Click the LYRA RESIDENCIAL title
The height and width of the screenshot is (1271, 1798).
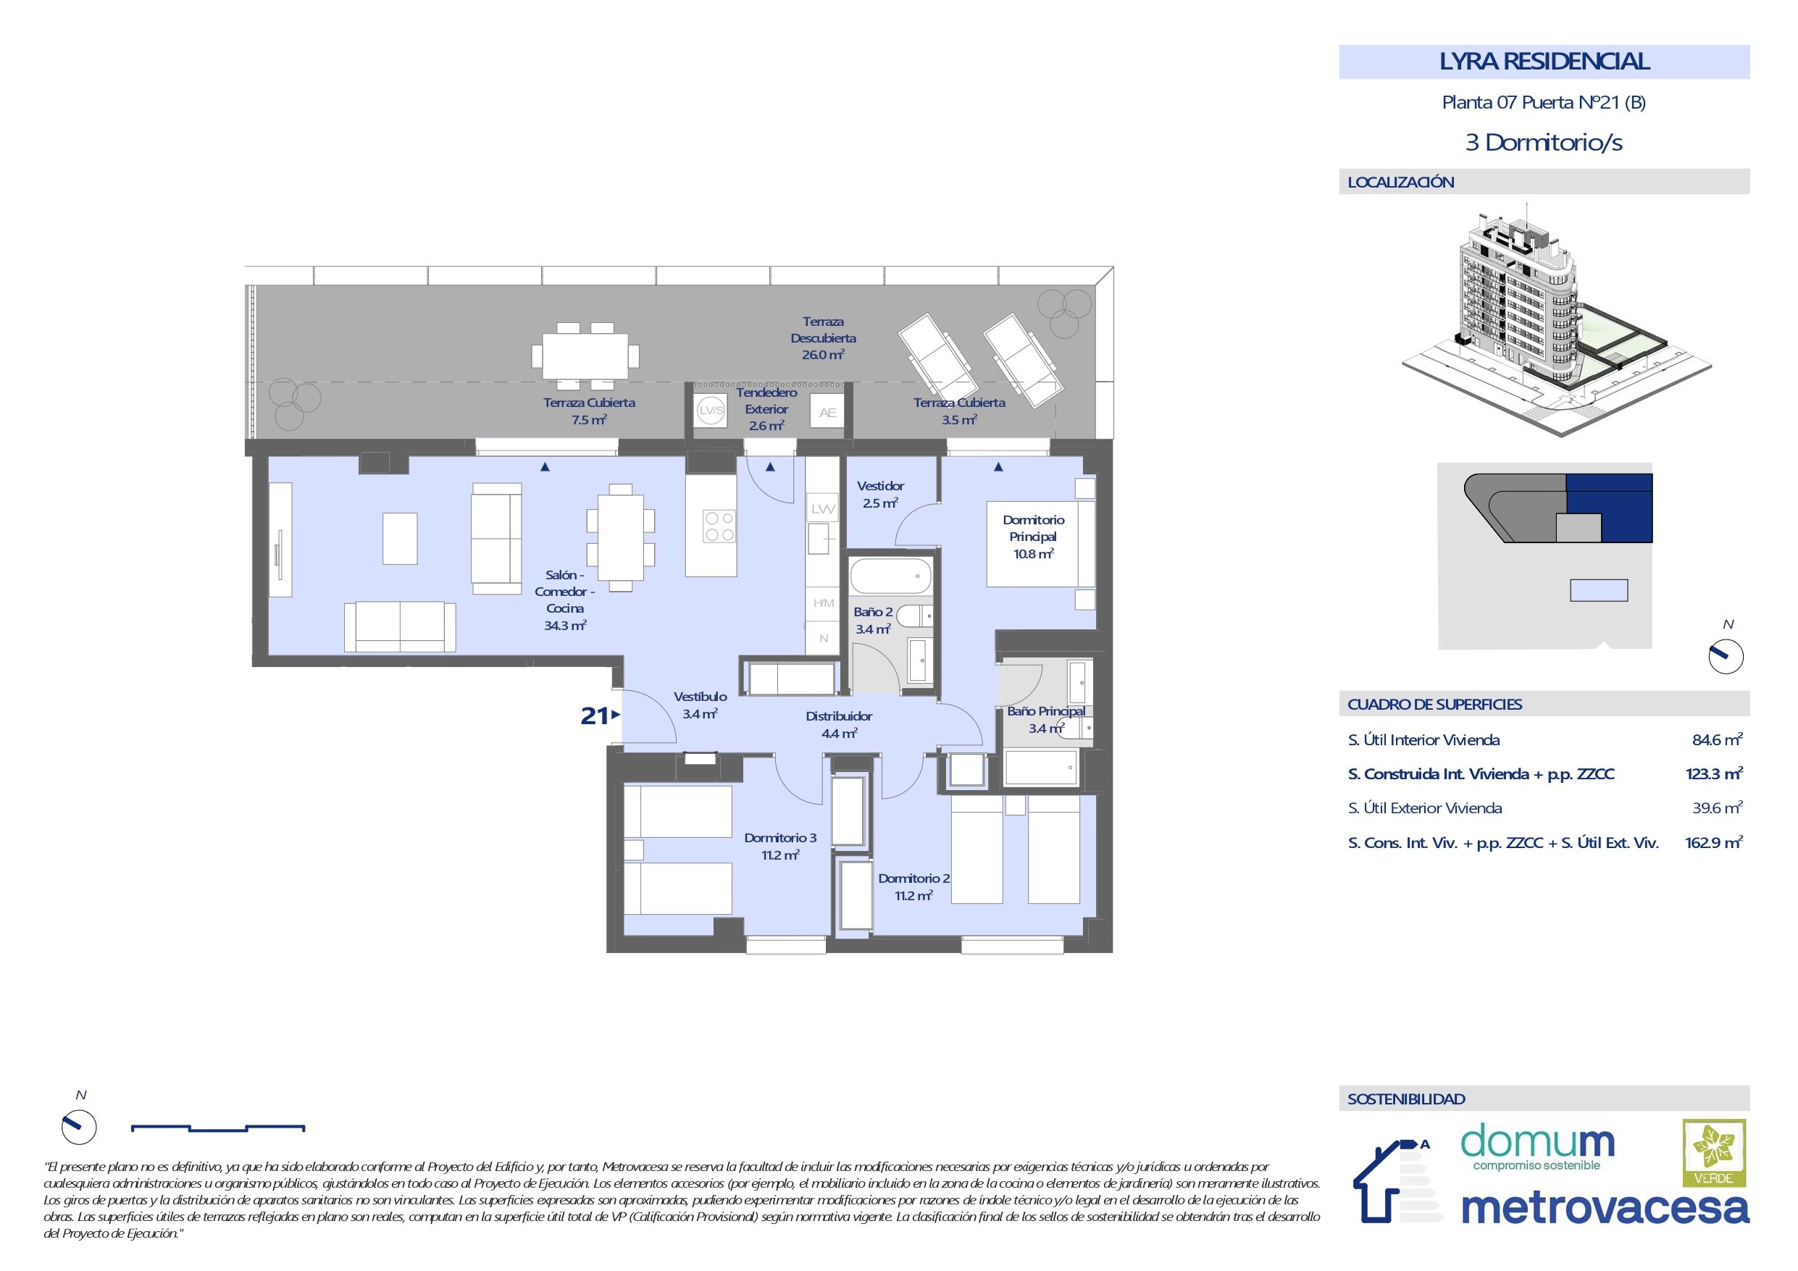tap(1544, 62)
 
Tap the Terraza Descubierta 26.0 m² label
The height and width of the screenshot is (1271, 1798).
tap(823, 338)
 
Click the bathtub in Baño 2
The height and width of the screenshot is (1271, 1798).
tap(891, 576)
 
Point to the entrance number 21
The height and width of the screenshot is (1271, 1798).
tap(594, 716)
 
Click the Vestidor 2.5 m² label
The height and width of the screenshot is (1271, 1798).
tap(880, 495)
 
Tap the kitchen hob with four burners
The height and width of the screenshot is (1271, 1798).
tap(719, 527)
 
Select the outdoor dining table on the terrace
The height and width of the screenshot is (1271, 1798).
tap(586, 356)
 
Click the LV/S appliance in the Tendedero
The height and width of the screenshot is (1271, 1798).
tap(712, 411)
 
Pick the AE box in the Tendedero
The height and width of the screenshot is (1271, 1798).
tap(828, 413)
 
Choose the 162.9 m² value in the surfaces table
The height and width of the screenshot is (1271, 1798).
tap(1713, 843)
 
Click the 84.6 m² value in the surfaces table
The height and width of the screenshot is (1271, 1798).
tap(1718, 740)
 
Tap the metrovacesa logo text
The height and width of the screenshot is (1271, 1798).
tap(1605, 1207)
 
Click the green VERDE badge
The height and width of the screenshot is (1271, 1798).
tap(1713, 1152)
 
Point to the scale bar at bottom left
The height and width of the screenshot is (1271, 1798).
tap(218, 1128)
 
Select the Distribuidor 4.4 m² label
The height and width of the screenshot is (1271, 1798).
tap(839, 724)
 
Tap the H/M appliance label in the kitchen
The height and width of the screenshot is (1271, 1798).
tap(823, 603)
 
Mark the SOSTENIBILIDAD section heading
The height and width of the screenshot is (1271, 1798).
tap(1406, 1099)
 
